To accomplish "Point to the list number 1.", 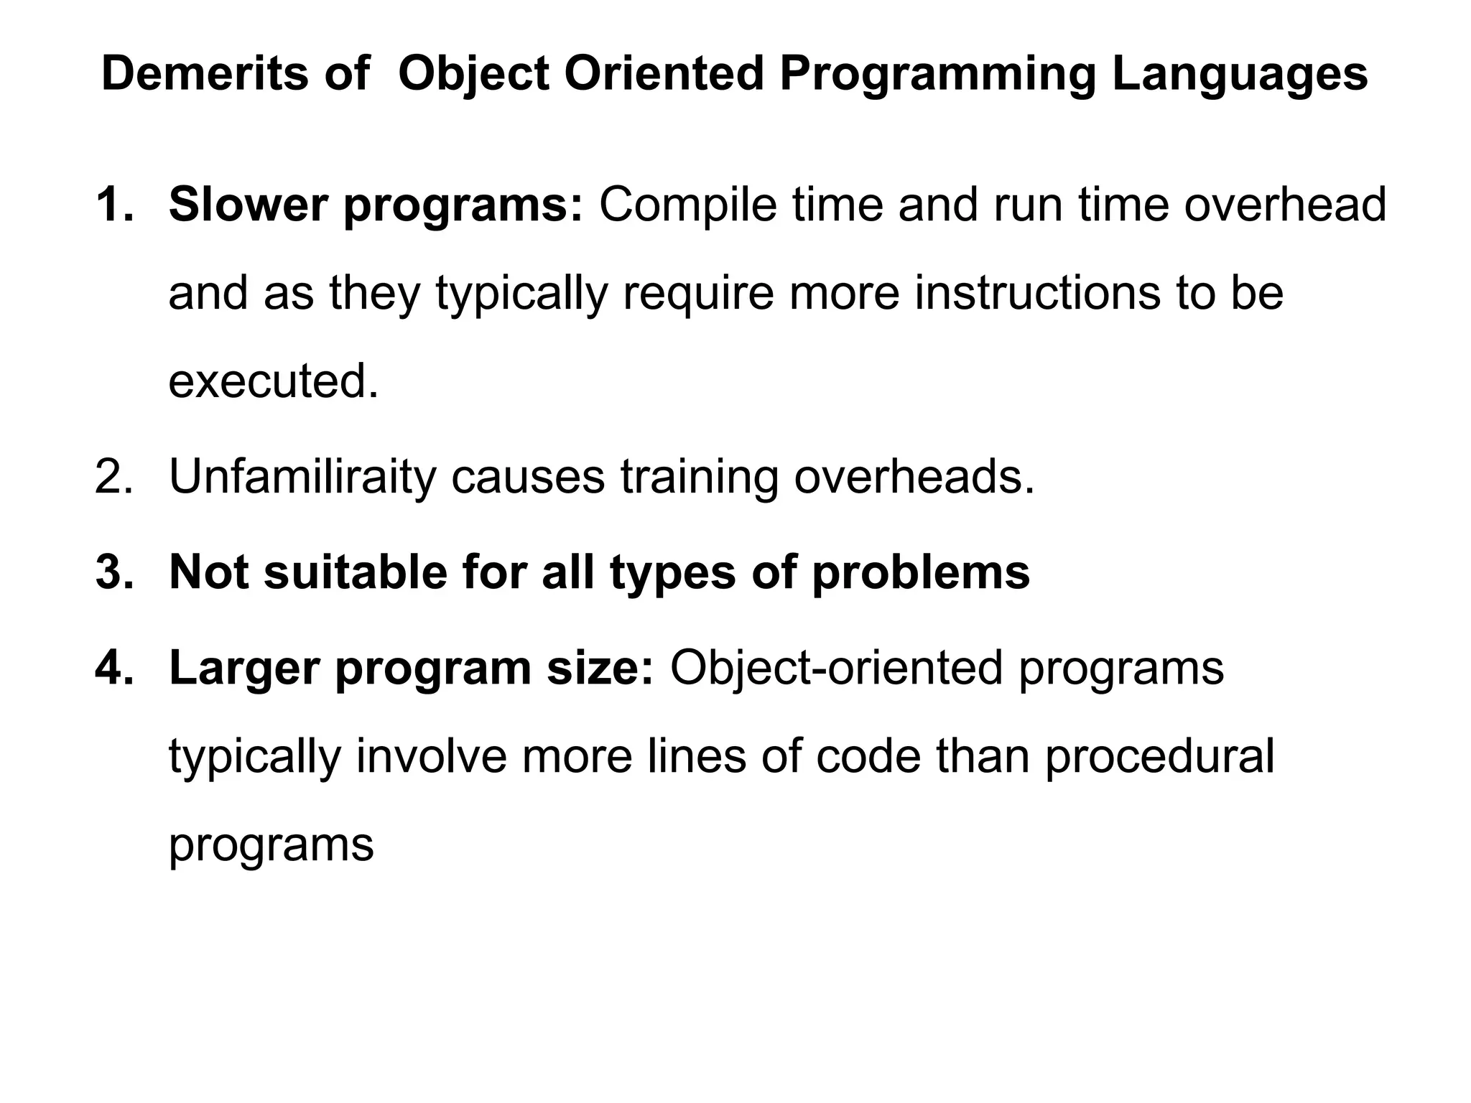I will pos(113,205).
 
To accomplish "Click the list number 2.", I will pos(113,476).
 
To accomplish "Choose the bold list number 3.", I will pos(113,572).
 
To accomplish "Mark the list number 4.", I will pos(113,668).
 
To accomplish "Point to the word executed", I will pos(273,381).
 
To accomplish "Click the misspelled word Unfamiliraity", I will pos(302,476).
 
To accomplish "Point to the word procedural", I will pos(1159,757).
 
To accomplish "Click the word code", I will pos(868,757).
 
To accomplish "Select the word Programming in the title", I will pos(937,75).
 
